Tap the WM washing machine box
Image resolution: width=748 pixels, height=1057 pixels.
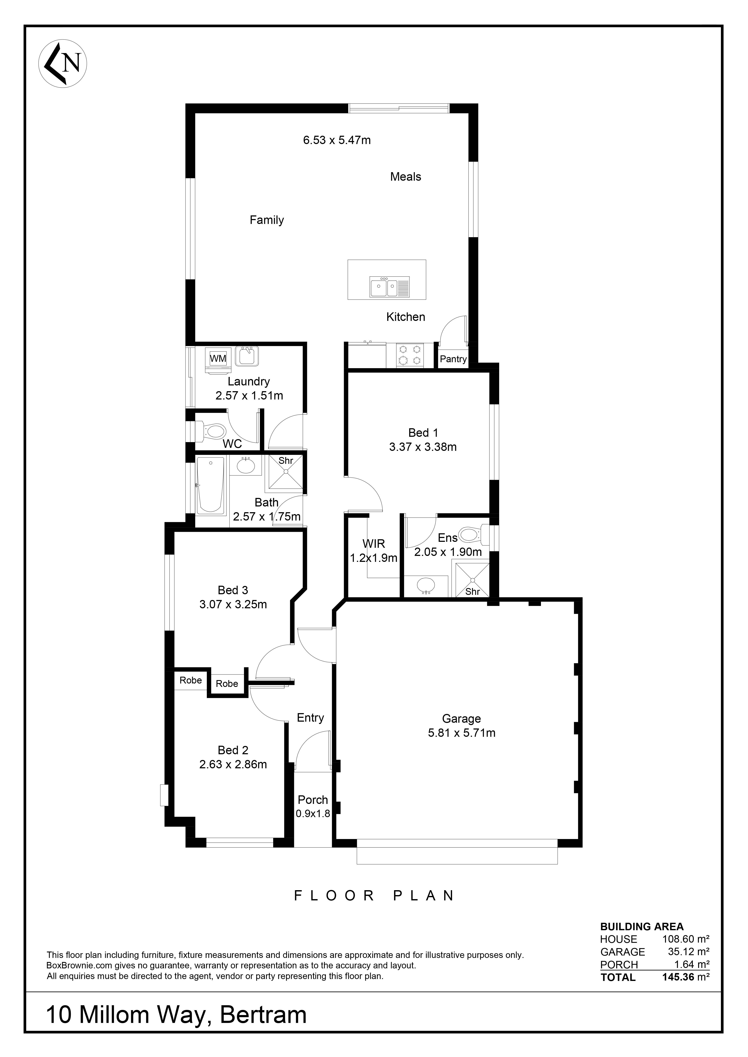pyautogui.click(x=218, y=358)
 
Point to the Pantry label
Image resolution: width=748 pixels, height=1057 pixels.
pyautogui.click(x=453, y=359)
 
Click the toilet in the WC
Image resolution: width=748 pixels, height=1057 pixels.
pyautogui.click(x=211, y=431)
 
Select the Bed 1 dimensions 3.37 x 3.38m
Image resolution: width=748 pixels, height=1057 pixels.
pyautogui.click(x=423, y=447)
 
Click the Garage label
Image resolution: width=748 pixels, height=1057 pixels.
pyautogui.click(x=461, y=719)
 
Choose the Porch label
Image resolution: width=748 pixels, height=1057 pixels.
pyautogui.click(x=313, y=800)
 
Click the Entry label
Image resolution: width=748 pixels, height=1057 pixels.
pyautogui.click(x=310, y=718)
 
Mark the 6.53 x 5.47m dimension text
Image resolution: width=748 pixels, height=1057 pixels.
pyautogui.click(x=337, y=140)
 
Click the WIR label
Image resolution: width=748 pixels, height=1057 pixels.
pyautogui.click(x=374, y=544)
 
